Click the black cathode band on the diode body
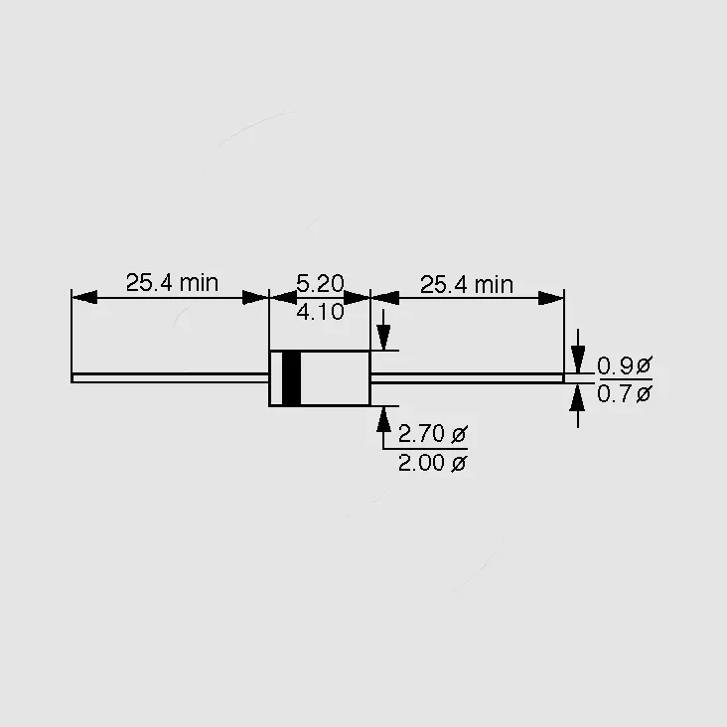tap(291, 378)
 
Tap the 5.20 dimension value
tap(320, 283)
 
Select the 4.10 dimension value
tap(320, 312)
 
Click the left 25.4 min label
tap(172, 282)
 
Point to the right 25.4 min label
tap(467, 284)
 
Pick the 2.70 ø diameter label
tap(433, 433)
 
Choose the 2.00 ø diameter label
tap(433, 463)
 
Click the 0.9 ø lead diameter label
tap(625, 365)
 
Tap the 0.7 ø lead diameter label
tap(625, 394)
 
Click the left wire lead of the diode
tap(170, 377)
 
